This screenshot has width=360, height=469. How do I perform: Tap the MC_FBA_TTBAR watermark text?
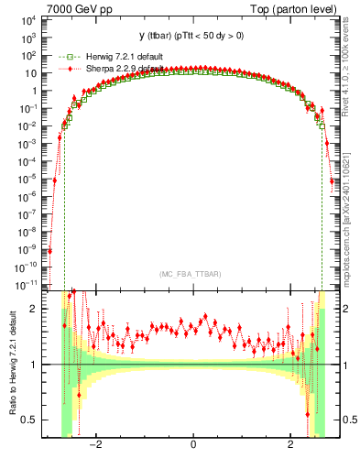[x=191, y=275]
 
